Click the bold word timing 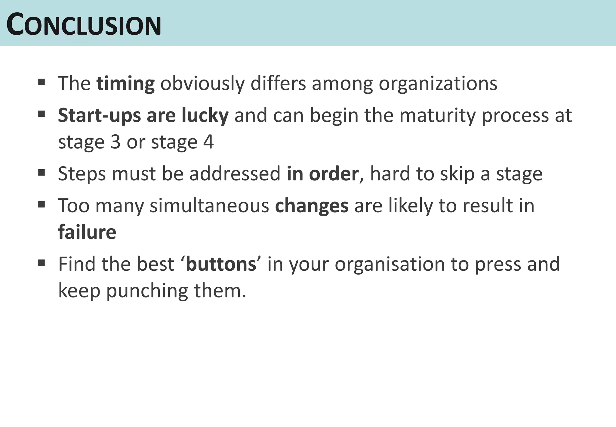(125, 83)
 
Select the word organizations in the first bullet (438, 83)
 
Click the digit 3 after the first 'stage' (115, 142)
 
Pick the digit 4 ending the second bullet (208, 142)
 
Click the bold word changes (312, 206)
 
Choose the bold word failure (87, 232)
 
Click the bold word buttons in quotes (221, 264)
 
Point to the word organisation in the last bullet (390, 264)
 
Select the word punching (147, 291)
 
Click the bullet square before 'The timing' (42, 82)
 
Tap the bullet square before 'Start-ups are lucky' (42, 114)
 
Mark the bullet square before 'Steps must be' (42, 173)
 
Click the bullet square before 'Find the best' (42, 263)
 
